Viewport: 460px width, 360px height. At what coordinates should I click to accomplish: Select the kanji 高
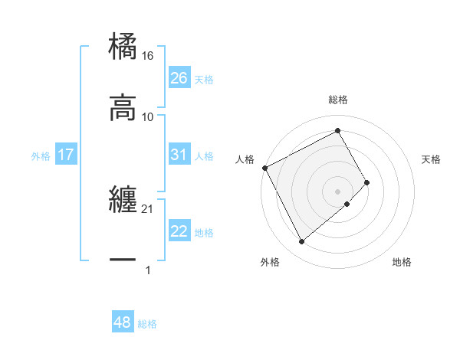point(123,109)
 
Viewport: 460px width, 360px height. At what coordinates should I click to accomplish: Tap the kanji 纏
point(123,201)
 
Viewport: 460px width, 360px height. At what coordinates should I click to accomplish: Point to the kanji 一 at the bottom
point(123,261)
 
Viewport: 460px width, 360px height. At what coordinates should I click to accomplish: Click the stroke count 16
point(148,56)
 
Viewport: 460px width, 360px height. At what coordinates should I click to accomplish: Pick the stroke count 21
point(148,209)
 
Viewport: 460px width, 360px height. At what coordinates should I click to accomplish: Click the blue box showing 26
point(179,78)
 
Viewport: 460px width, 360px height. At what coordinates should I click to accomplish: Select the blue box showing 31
point(179,155)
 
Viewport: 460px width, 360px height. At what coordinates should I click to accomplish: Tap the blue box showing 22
point(179,231)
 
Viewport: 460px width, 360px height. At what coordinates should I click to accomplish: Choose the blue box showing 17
point(65,155)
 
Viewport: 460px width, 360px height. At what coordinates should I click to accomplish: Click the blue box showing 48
point(123,322)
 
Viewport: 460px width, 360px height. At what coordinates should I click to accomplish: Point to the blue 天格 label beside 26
point(204,80)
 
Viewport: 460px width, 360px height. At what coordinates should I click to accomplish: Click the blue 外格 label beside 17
point(41,156)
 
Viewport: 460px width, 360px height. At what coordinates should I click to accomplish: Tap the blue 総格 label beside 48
point(147,324)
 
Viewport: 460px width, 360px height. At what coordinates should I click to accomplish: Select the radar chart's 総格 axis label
point(337,100)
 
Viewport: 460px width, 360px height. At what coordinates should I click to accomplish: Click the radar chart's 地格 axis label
point(402,263)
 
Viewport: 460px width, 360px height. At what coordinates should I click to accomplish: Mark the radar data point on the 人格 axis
point(264,168)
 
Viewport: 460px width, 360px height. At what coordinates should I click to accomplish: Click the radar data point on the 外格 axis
point(301,241)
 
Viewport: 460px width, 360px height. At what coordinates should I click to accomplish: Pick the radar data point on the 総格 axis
point(337,130)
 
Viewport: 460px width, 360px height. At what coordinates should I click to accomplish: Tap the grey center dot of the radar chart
point(337,191)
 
